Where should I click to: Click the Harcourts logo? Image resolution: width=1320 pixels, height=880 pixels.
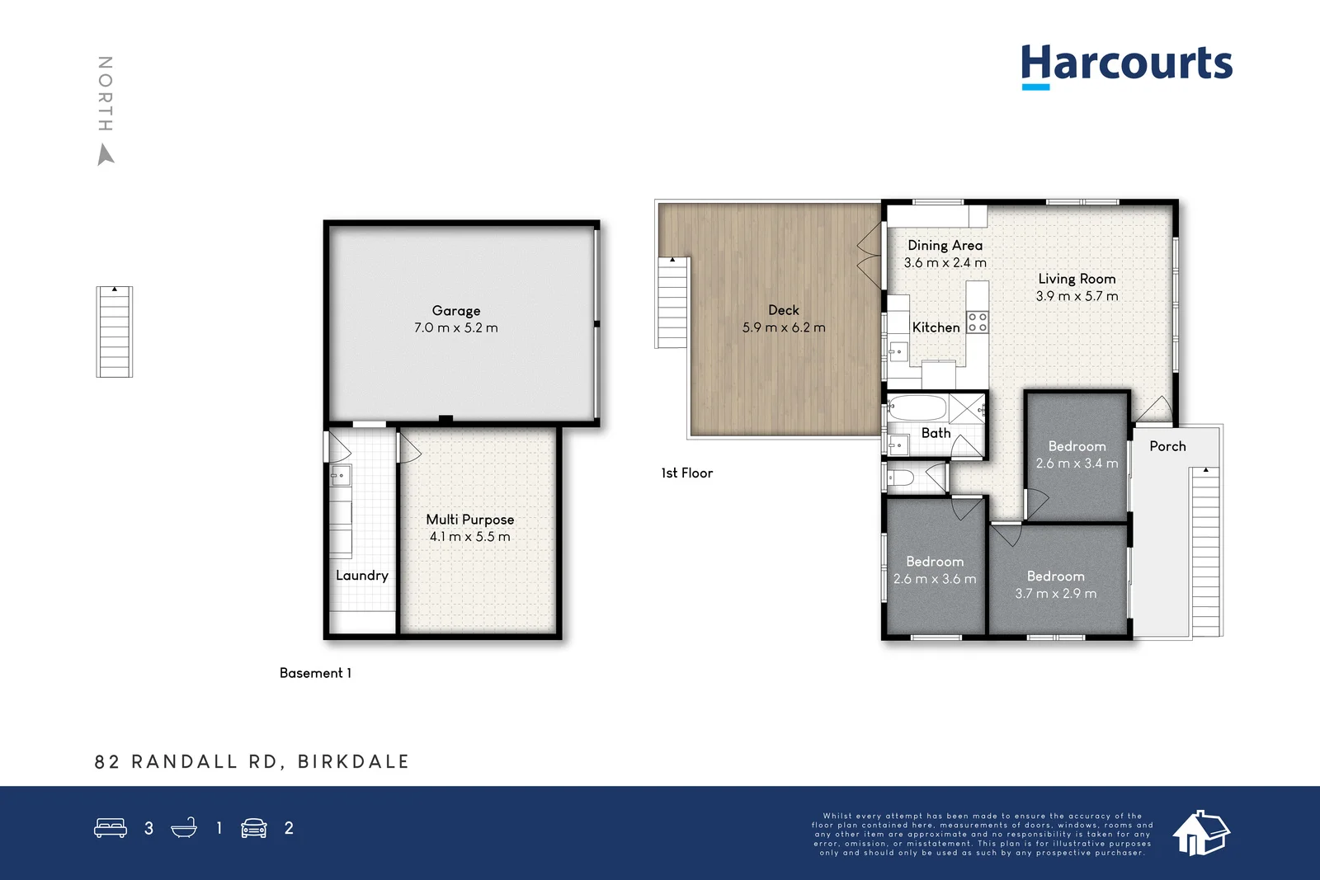tap(1126, 64)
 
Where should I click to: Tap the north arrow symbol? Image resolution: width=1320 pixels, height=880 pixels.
tap(106, 154)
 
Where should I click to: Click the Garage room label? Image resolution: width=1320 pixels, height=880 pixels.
tap(455, 311)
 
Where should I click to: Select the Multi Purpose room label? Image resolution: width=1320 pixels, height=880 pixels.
tap(469, 520)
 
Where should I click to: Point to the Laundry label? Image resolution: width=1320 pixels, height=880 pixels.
tap(361, 576)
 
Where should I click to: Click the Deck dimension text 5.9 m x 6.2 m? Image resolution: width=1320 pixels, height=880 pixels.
tap(783, 327)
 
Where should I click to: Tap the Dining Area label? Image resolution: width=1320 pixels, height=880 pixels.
tap(945, 246)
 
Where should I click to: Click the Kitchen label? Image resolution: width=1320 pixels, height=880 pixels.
tap(936, 327)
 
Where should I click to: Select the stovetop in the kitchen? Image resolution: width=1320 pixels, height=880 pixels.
tap(978, 322)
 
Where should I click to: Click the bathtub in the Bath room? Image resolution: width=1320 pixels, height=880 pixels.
tap(917, 408)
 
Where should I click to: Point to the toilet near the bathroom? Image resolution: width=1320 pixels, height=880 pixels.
tap(900, 478)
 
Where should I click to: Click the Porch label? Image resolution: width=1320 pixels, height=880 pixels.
tap(1167, 446)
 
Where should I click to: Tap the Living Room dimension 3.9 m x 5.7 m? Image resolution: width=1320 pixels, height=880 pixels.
tap(1077, 296)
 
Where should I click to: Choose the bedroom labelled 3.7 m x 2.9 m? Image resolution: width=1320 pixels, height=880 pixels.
tap(1056, 585)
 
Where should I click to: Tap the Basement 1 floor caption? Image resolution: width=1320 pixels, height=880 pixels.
tap(315, 673)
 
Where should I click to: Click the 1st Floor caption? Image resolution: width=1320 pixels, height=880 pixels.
tap(686, 473)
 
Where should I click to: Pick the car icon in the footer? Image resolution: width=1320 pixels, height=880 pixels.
tap(254, 828)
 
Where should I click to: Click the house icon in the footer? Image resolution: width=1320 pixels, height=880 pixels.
tap(1201, 832)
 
